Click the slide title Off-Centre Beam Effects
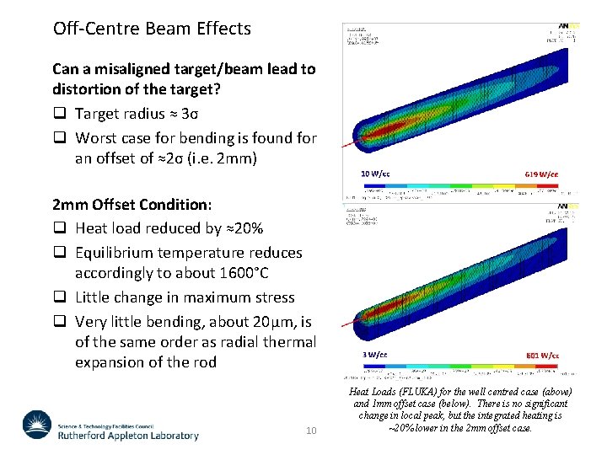[152, 29]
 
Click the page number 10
[310, 431]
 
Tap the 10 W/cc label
[376, 174]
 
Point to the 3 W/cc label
[374, 356]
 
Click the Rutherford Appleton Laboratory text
[128, 436]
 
